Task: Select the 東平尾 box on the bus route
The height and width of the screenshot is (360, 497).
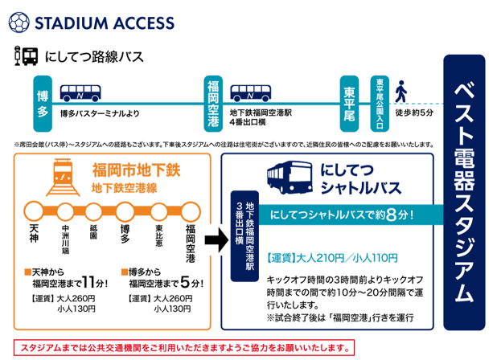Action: point(348,100)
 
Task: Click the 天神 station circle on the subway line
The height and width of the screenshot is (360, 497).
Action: point(34,209)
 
